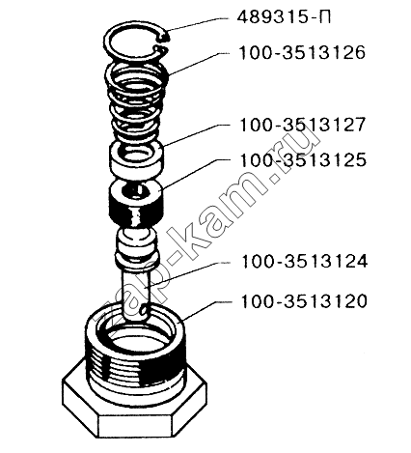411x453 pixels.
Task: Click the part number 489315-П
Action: [x=284, y=17]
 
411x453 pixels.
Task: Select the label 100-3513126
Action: [x=302, y=52]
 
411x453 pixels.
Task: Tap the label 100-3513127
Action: [x=302, y=125]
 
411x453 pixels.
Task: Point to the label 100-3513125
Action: [x=303, y=159]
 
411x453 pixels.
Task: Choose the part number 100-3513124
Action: [x=304, y=262]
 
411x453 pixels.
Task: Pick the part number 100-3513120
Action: [x=304, y=301]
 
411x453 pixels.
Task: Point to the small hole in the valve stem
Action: [x=144, y=309]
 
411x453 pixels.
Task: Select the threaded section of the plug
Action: [x=134, y=367]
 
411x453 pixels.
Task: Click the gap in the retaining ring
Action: [x=163, y=44]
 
